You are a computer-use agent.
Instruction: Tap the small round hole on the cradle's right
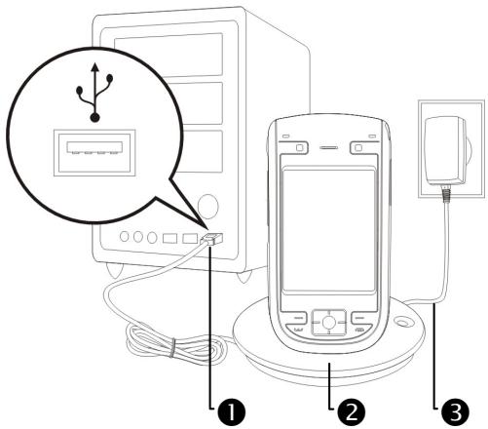click(x=402, y=322)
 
